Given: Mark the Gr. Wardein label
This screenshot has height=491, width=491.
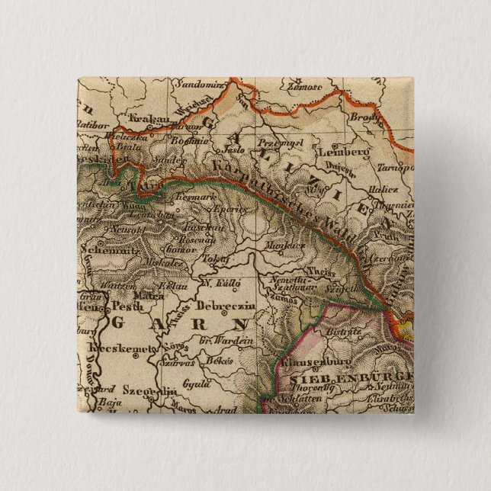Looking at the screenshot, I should pyautogui.click(x=226, y=340).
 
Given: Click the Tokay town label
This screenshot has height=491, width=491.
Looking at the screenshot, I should pyautogui.click(x=217, y=259).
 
